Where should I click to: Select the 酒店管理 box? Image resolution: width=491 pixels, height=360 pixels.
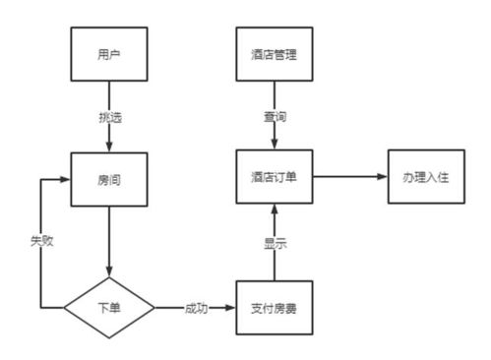pyautogui.click(x=274, y=55)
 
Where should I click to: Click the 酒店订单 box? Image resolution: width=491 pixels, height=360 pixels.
pyautogui.click(x=274, y=177)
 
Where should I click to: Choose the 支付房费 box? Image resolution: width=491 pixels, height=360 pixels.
pyautogui.click(x=274, y=308)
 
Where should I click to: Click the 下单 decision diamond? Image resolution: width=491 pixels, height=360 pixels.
pyautogui.click(x=108, y=308)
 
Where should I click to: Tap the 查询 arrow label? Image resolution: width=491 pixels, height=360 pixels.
pyautogui.click(x=274, y=116)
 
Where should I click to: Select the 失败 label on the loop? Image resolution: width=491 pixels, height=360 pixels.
pyautogui.click(x=40, y=241)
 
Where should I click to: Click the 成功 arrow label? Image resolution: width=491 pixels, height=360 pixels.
pyautogui.click(x=196, y=308)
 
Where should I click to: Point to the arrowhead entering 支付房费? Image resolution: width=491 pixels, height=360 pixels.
pyautogui.click(x=233, y=308)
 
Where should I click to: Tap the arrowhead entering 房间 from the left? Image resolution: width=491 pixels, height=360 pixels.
pyautogui.click(x=68, y=180)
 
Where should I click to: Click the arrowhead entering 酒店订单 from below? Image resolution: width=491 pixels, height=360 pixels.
pyautogui.click(x=274, y=210)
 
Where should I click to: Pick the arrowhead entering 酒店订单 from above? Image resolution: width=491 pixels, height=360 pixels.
pyautogui.click(x=274, y=146)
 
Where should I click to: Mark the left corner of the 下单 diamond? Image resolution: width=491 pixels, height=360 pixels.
pyautogui.click(x=65, y=308)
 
